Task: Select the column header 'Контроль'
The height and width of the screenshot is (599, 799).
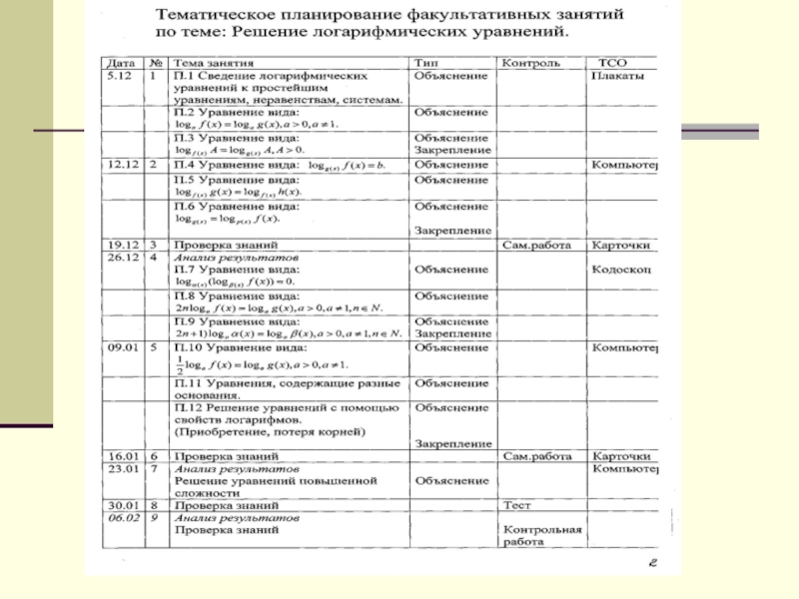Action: click(531, 63)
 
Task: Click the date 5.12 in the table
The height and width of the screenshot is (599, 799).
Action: click(121, 76)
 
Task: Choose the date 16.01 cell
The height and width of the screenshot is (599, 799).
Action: click(125, 455)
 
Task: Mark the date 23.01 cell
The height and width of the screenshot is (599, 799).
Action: click(125, 468)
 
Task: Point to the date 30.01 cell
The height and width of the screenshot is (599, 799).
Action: click(125, 505)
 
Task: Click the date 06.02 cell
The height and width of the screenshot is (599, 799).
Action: click(125, 518)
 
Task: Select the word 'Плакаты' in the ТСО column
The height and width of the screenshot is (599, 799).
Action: click(617, 76)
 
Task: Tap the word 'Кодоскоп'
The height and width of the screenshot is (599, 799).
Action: click(621, 270)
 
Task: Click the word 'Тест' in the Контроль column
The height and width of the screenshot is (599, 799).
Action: click(517, 505)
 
